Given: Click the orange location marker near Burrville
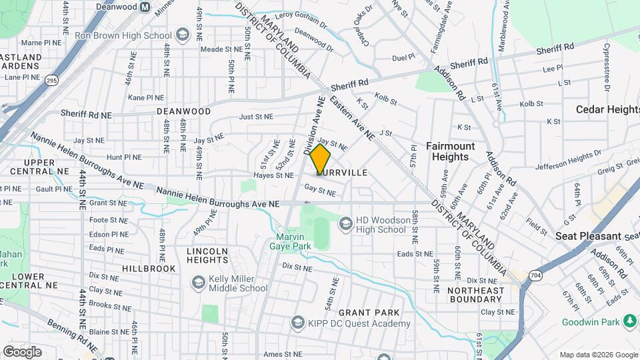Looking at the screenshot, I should [321, 159].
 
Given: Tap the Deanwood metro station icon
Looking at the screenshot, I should [145, 7].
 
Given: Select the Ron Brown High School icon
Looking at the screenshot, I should [183, 35].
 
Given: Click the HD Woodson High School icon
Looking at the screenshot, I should [345, 223].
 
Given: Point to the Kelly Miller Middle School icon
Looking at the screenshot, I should [198, 283].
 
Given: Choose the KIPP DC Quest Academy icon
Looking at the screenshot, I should [298, 323].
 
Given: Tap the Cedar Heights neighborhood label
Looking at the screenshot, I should [607, 109].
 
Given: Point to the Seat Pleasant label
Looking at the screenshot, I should [588, 236].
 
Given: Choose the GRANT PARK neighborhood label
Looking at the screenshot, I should [369, 312].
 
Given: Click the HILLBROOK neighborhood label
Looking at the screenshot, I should [149, 268].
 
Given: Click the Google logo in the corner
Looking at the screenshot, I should [22, 351].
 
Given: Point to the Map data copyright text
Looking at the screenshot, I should [598, 355].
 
